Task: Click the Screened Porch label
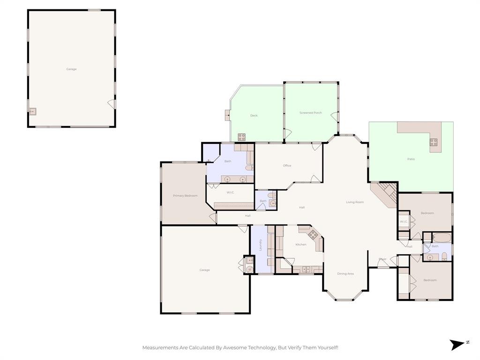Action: pos(310,113)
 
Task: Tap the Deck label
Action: pos(254,115)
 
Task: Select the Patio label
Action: pos(411,159)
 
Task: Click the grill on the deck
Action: pos(241,137)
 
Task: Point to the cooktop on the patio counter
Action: pos(434,142)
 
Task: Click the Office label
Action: pos(287,165)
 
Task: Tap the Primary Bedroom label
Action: pos(185,195)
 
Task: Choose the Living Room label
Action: pos(355,202)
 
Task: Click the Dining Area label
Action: pos(345,274)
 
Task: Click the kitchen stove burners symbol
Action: pos(313,234)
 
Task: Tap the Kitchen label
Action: pos(300,244)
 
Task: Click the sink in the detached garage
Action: pos(33,112)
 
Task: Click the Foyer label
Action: pos(382,259)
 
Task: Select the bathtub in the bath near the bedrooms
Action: pos(442,238)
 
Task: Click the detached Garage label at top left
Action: pos(71,69)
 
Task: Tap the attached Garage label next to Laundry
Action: pos(204,270)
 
